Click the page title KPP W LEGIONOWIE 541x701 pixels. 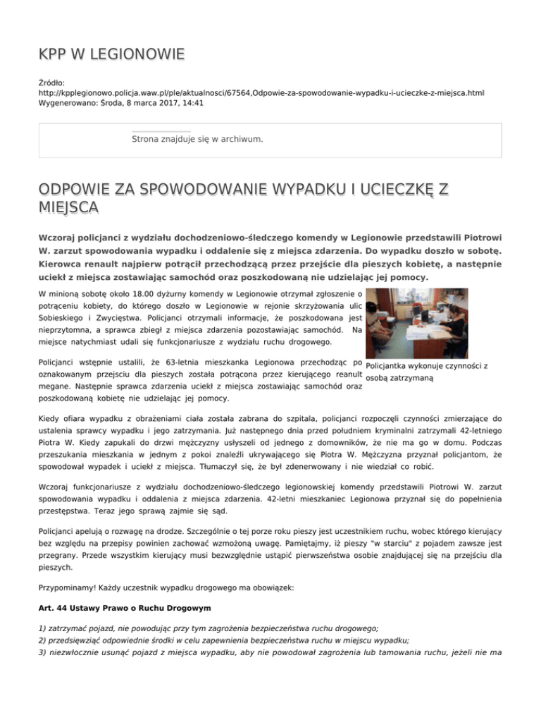(x=112, y=54)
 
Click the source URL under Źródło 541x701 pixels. (x=261, y=92)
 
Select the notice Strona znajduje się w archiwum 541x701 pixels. (x=197, y=139)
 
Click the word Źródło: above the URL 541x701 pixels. (x=54, y=82)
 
